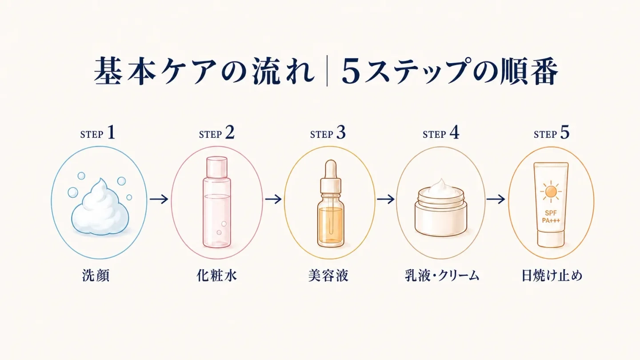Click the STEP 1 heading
pyautogui.click(x=98, y=133)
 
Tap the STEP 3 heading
pyautogui.click(x=328, y=133)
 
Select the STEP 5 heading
pyautogui.click(x=552, y=133)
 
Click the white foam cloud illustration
pyautogui.click(x=100, y=207)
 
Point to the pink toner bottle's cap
pyautogui.click(x=217, y=167)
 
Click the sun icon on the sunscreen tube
pyautogui.click(x=551, y=192)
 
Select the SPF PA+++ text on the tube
pyautogui.click(x=551, y=217)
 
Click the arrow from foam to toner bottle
pyautogui.click(x=159, y=199)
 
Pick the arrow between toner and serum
pyautogui.click(x=273, y=199)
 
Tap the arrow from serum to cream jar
pyautogui.click(x=386, y=199)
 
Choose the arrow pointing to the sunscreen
pyautogui.click(x=496, y=199)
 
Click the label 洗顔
pyautogui.click(x=96, y=276)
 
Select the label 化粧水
pyautogui.click(x=216, y=276)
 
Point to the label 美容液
pyautogui.click(x=328, y=276)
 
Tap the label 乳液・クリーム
pyautogui.click(x=442, y=276)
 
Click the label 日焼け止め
pyautogui.click(x=552, y=276)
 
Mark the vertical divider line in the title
pyautogui.click(x=327, y=72)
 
